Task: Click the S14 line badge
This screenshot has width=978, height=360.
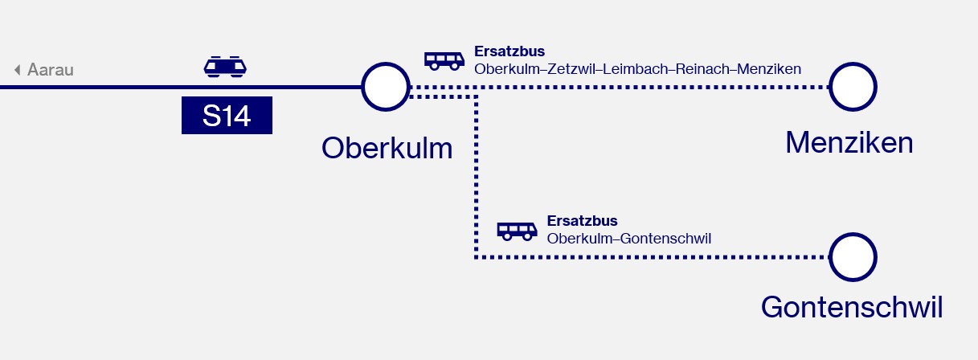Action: [227, 115]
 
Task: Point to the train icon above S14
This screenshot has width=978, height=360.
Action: [225, 67]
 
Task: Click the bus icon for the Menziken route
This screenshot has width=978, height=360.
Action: [444, 61]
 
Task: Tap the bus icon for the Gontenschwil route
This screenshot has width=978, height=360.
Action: [517, 231]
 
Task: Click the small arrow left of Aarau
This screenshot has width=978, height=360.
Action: [18, 70]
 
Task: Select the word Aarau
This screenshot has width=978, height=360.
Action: [51, 70]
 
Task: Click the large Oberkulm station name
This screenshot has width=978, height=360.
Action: [387, 148]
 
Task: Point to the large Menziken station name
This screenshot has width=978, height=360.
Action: [849, 142]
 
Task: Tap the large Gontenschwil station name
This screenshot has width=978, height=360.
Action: [852, 307]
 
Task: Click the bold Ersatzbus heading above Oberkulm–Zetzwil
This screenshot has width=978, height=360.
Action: [509, 51]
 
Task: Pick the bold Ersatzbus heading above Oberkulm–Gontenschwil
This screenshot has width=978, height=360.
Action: [582, 221]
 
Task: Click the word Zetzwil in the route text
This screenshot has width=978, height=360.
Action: [571, 69]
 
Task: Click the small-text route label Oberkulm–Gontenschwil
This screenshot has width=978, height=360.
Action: [629, 239]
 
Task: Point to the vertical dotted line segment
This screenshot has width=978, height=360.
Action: [477, 177]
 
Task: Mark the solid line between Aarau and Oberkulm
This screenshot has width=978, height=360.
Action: [181, 88]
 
